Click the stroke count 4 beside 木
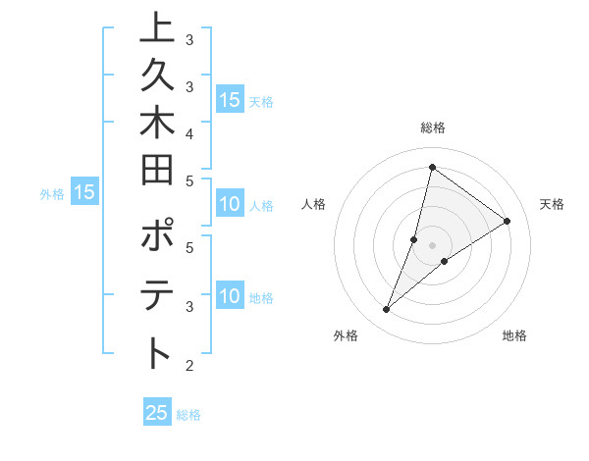(x=188, y=132)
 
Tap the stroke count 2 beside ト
(x=188, y=366)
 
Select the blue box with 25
(x=157, y=413)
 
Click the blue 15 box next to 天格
(x=230, y=100)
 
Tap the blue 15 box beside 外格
(x=84, y=192)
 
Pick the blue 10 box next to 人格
(x=230, y=205)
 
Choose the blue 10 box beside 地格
(x=230, y=296)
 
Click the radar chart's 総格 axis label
(x=432, y=128)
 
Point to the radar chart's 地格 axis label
(x=514, y=335)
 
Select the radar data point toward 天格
(x=507, y=221)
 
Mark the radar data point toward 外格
(x=386, y=310)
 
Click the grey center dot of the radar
(x=432, y=244)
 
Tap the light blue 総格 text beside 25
(x=188, y=415)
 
